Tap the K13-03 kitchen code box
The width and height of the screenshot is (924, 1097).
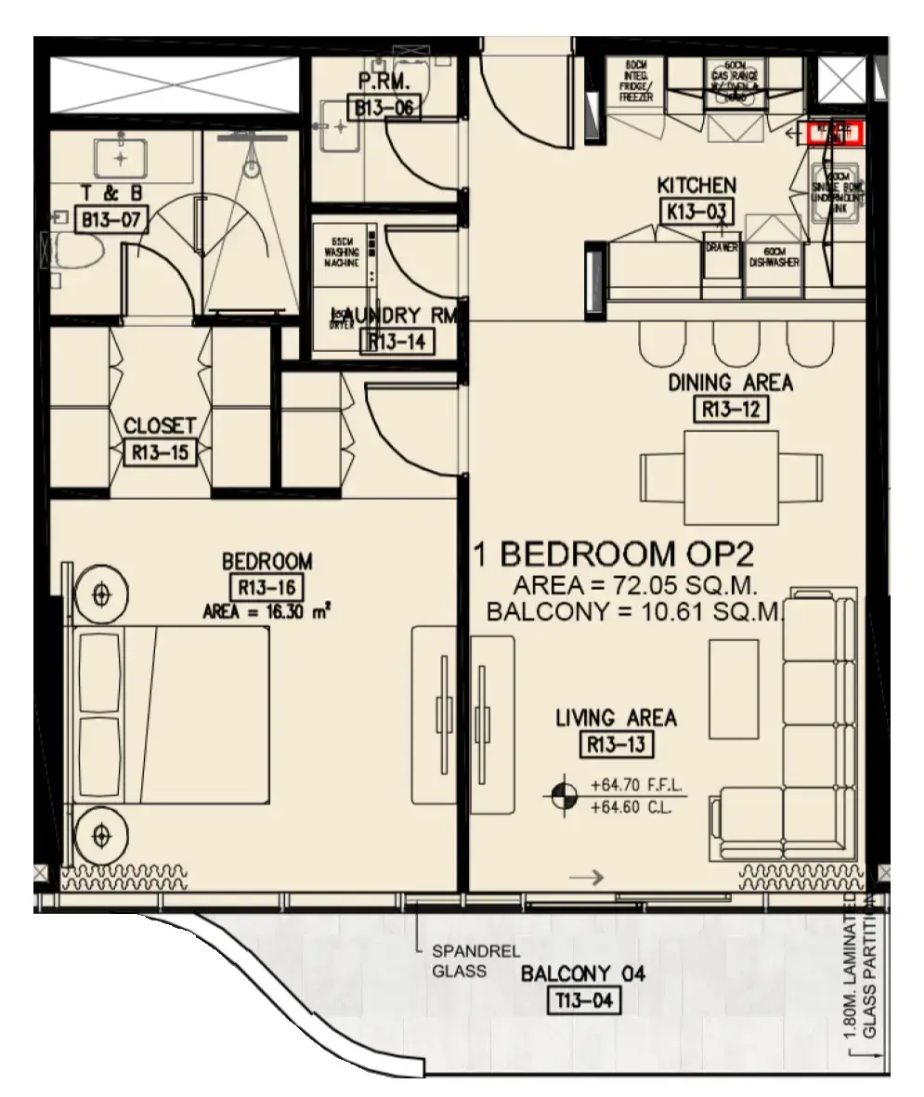tap(696, 211)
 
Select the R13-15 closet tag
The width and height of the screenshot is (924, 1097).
tap(160, 452)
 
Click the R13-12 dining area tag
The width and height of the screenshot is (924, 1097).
tap(731, 409)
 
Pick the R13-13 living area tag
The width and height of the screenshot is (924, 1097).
tap(616, 744)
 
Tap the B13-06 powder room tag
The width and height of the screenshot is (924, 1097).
tap(384, 109)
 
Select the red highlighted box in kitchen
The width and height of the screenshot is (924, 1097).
tap(835, 133)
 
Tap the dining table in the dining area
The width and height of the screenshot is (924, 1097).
tap(732, 477)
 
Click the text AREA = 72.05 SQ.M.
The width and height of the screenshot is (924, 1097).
tap(636, 587)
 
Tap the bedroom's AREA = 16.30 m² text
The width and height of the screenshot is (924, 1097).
tap(267, 611)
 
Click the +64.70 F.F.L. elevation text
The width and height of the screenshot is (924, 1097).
tap(636, 786)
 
